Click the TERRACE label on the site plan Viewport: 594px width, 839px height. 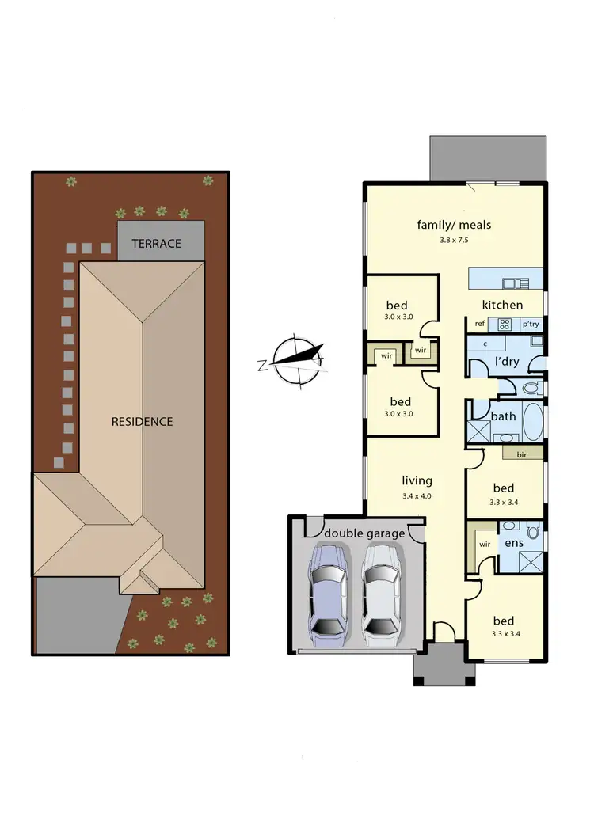pos(156,244)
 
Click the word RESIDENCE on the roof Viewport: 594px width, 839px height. pos(142,421)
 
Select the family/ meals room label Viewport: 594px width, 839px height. pos(454,225)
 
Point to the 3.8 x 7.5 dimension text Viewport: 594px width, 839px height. pos(454,241)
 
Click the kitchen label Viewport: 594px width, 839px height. pos(503,305)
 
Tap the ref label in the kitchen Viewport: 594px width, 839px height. pos(480,324)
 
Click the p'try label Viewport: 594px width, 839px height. pos(530,324)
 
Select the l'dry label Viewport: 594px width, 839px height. pos(506,361)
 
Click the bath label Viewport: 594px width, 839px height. pos(503,416)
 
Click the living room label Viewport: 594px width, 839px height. pos(417,480)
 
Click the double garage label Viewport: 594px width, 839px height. pos(364,533)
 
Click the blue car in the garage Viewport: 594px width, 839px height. pos(328,592)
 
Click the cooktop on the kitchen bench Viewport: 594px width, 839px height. pos(504,323)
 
